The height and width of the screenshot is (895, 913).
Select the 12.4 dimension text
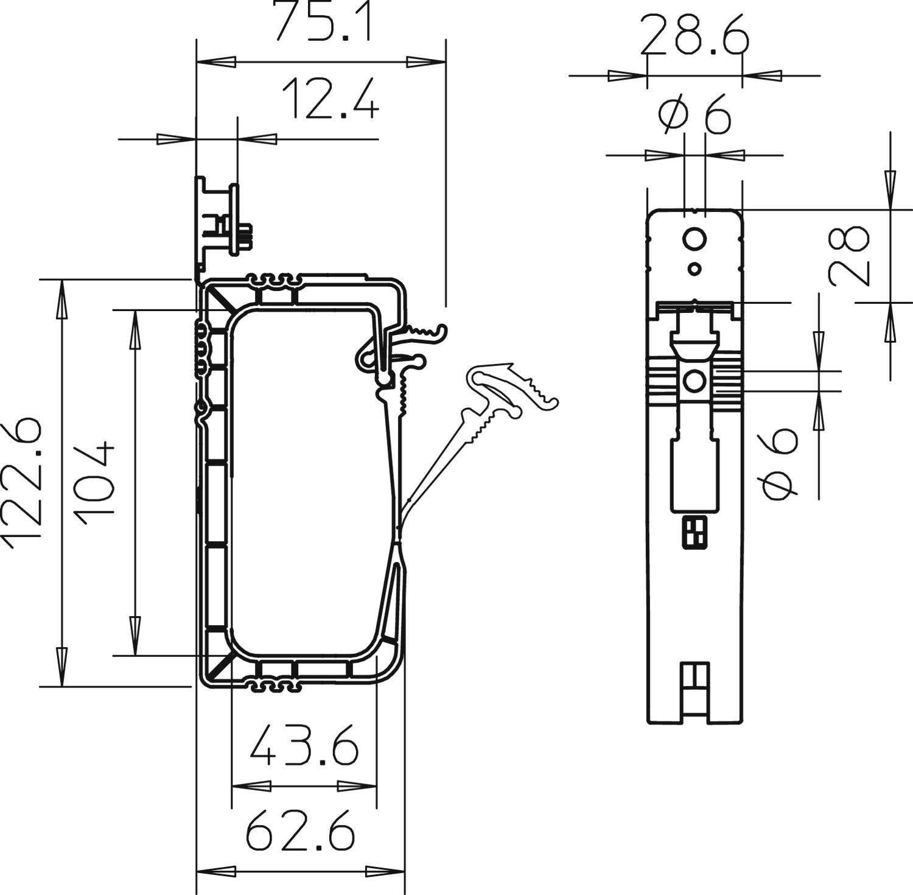pyautogui.click(x=331, y=99)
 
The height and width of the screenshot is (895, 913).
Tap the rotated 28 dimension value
pyautogui.click(x=850, y=256)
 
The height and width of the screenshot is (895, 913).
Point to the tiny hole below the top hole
pyautogui.click(x=694, y=268)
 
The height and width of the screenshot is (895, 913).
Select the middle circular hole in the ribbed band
pyautogui.click(x=694, y=382)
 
